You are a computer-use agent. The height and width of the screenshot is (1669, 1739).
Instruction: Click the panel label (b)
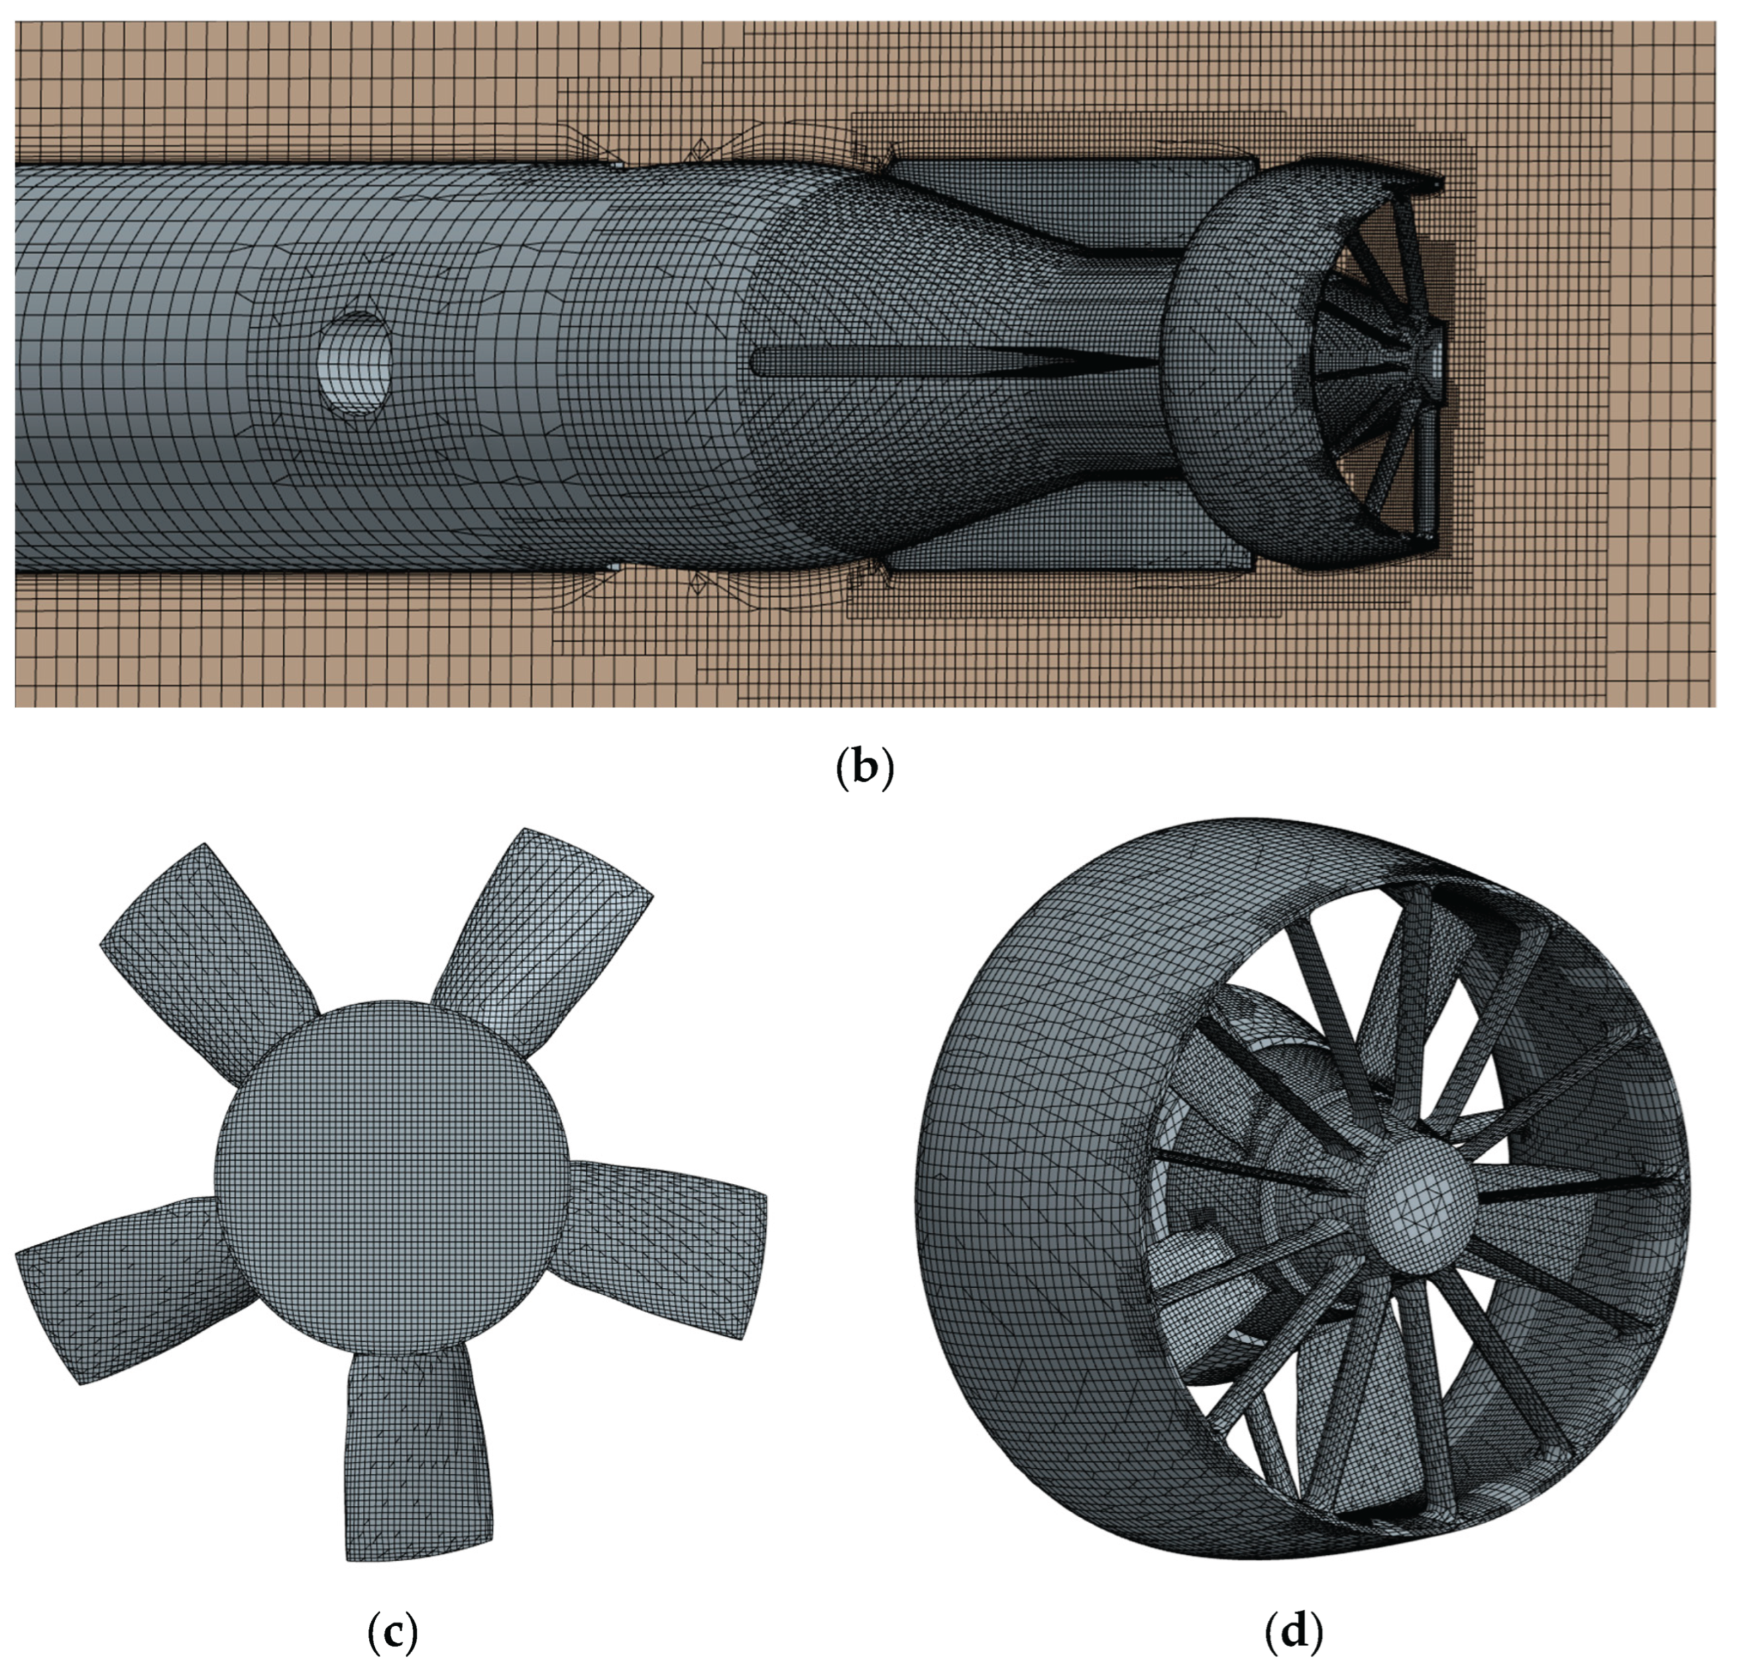click(x=865, y=769)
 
